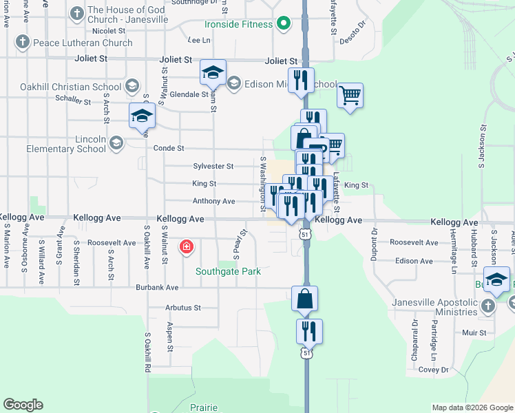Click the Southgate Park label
(x=228, y=271)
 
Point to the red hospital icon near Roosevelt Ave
(x=186, y=247)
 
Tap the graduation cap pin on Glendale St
(x=213, y=72)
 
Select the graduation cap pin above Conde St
(x=142, y=116)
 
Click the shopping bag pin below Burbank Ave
(x=304, y=298)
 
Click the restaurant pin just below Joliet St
(x=301, y=79)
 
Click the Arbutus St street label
(x=182, y=308)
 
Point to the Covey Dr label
(x=433, y=370)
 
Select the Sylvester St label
(x=213, y=167)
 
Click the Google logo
(x=23, y=405)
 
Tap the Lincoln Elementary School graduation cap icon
(x=116, y=142)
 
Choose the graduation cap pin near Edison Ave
(x=496, y=279)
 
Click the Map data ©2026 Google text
(x=472, y=407)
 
